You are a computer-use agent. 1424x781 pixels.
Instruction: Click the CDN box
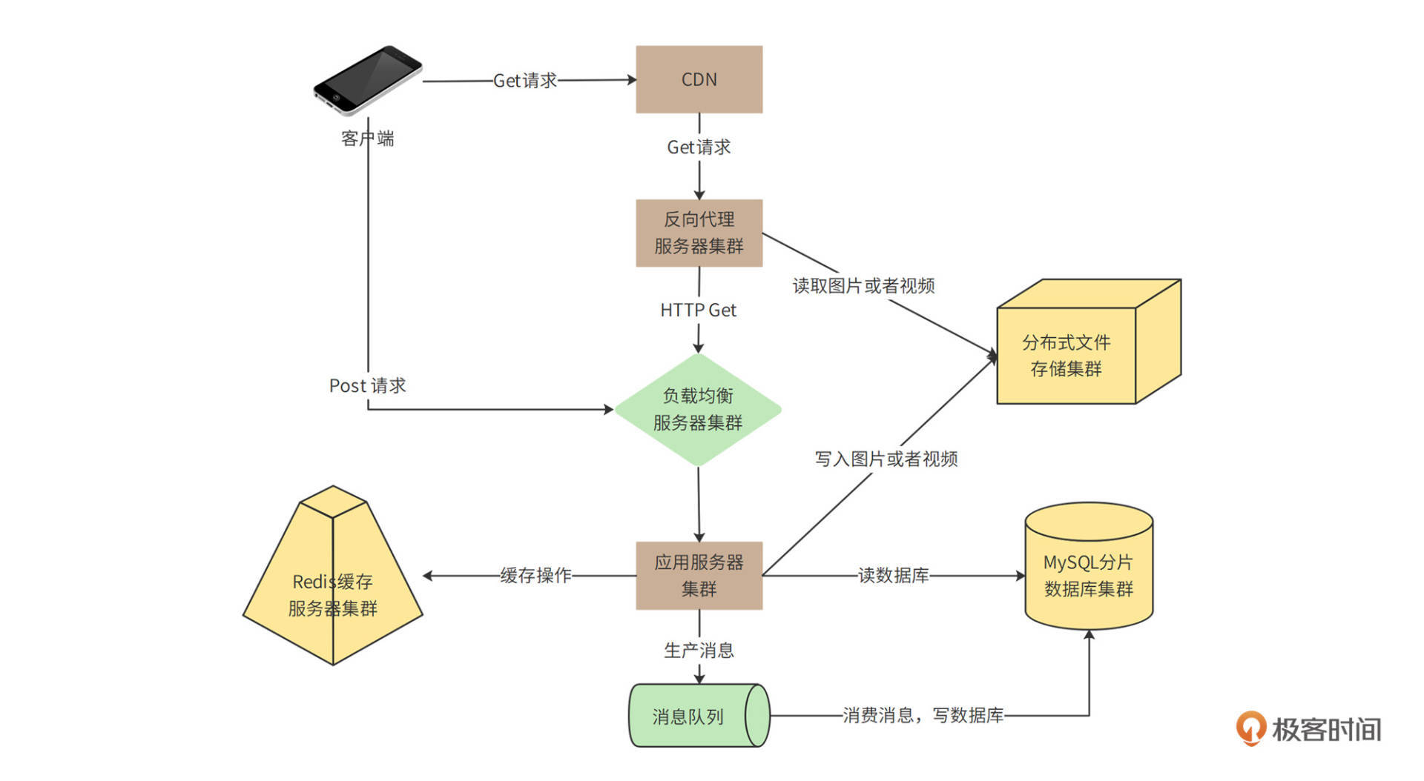point(699,79)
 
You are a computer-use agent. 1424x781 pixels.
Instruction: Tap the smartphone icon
point(368,80)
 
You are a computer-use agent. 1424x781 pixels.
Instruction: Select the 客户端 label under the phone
point(368,139)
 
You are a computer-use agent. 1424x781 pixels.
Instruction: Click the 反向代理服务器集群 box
point(699,233)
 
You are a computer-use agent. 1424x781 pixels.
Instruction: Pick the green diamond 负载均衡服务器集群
point(698,410)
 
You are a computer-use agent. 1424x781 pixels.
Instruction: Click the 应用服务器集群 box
point(699,576)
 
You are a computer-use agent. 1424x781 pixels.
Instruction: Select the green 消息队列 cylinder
point(697,716)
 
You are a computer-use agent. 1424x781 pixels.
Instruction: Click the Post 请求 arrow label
point(368,386)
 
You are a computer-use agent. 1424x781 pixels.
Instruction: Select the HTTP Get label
point(698,310)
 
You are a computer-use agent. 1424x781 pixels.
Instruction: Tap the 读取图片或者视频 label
point(863,286)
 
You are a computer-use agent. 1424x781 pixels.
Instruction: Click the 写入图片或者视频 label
point(886,459)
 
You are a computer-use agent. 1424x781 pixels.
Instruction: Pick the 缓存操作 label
point(535,576)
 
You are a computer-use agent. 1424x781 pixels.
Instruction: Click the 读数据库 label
point(893,576)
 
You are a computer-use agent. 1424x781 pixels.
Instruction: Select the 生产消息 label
point(699,651)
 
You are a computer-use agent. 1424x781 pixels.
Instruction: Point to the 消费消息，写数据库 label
point(923,716)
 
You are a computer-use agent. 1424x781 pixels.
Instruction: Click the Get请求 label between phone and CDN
point(525,81)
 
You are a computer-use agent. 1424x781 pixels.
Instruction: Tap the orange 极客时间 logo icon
point(1250,728)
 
